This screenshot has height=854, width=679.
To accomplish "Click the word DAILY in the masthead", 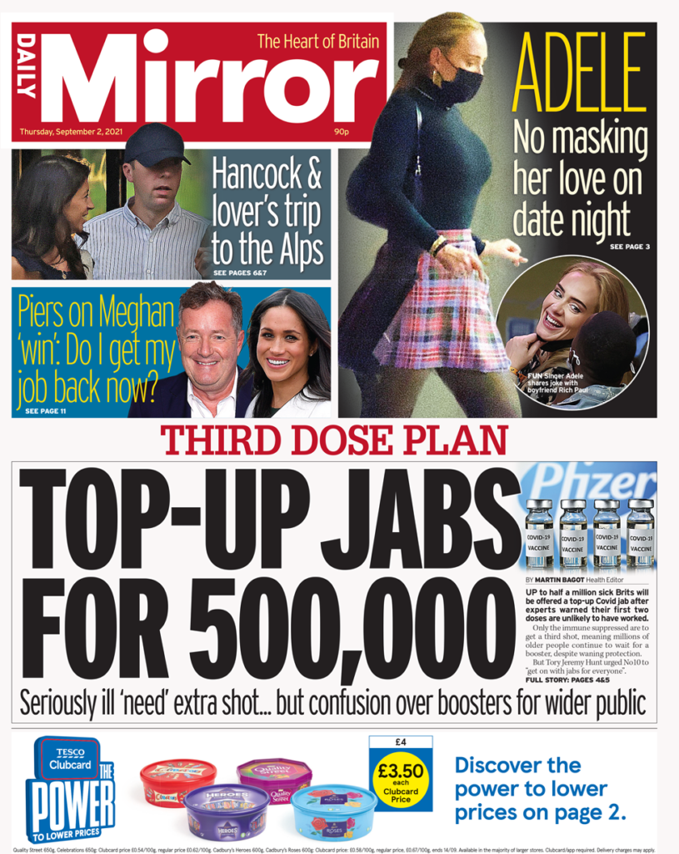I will (x=27, y=67).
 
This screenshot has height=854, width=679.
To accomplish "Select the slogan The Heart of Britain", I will (x=317, y=42).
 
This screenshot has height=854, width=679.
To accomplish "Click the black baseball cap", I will (x=156, y=143).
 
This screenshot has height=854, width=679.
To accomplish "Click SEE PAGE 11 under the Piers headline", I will (x=45, y=411).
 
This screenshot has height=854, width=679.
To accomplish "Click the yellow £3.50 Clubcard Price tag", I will (x=402, y=772).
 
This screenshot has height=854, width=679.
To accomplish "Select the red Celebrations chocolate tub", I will (x=177, y=781).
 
